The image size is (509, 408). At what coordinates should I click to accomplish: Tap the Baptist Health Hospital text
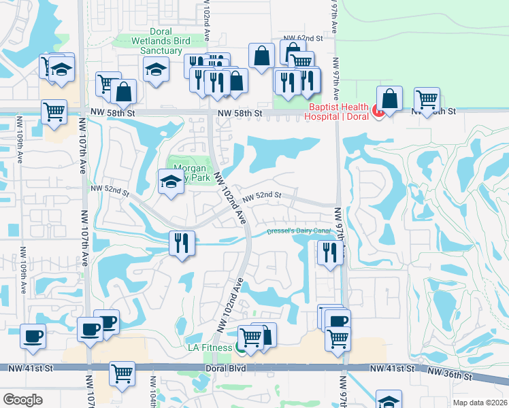[338, 111]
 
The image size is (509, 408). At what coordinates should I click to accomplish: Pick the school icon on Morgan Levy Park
[170, 181]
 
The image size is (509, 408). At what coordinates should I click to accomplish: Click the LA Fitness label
[210, 348]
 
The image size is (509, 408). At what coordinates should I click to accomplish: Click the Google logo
[22, 400]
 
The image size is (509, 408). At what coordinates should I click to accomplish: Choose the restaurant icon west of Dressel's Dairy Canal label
[182, 243]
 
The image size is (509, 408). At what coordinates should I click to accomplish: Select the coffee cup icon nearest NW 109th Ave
[33, 335]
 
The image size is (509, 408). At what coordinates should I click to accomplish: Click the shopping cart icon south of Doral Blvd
[122, 373]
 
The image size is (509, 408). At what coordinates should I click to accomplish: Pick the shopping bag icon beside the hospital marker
[389, 98]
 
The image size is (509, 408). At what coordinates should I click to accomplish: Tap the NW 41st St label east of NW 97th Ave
[392, 368]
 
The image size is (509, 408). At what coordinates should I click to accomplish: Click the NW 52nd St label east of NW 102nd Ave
[262, 196]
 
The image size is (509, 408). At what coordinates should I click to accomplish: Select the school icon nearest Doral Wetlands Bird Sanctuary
[156, 69]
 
